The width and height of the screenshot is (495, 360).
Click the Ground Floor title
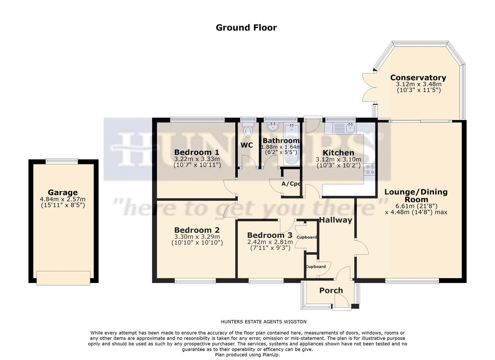coord(246,27)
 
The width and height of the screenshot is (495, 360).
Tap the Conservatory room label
coord(418,78)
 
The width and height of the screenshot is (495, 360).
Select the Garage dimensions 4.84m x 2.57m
coord(63,199)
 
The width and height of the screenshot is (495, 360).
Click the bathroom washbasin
coord(273,126)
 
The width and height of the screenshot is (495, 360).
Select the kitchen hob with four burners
coord(369,169)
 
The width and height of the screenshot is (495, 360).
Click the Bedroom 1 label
coord(197,152)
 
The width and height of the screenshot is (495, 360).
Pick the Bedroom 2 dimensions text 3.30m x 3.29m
coord(197,237)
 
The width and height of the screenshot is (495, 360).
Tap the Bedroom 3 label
coord(270,235)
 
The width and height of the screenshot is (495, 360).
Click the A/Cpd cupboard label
coord(291,184)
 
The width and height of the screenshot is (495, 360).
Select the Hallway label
coord(335,220)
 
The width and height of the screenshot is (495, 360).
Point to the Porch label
coord(331,290)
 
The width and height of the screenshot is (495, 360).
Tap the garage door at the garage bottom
coord(63,278)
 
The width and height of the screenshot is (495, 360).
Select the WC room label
coord(247,145)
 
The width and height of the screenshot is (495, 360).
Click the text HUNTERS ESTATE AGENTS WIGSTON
coord(264,322)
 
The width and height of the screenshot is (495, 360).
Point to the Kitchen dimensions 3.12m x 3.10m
coord(338,160)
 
